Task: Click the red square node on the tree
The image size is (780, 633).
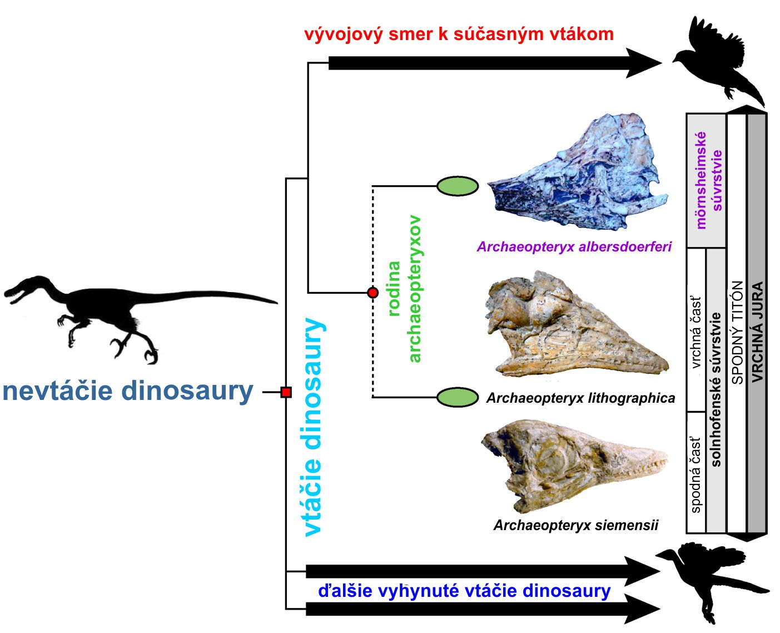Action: point(286,392)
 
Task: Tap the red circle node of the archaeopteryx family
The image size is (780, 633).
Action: point(373,293)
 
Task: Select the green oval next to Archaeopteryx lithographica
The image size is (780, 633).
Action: point(458,397)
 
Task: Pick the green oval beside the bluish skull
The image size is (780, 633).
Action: point(458,186)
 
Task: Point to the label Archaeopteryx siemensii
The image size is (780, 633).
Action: point(576,525)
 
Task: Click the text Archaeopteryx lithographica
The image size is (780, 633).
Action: point(581,398)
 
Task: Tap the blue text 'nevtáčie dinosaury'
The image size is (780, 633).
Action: point(128,391)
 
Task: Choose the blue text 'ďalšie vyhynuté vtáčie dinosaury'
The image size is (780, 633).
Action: point(464,591)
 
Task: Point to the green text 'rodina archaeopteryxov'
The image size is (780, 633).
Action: point(405,289)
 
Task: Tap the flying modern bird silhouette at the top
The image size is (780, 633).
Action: point(718,61)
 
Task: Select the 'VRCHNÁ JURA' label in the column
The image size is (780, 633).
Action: point(757,332)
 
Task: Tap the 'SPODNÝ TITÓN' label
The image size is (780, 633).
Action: point(737,332)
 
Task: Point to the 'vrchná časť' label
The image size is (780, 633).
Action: point(696,332)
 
